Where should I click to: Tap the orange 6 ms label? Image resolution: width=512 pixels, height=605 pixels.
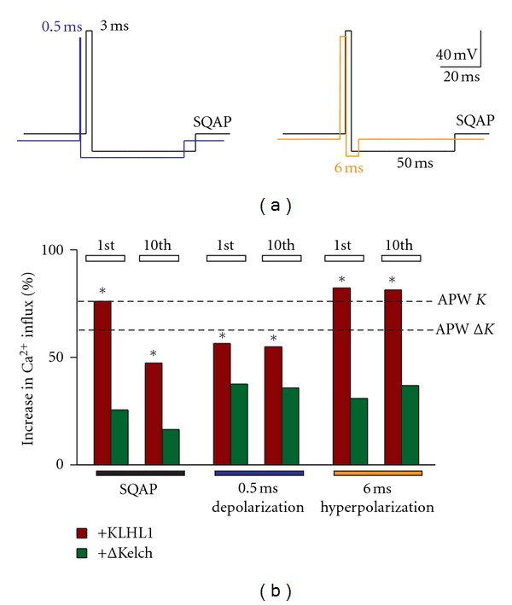coord(348,169)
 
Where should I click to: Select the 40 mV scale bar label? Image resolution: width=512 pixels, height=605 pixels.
coord(456,55)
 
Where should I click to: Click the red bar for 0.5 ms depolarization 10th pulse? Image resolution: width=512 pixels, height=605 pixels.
coord(274,405)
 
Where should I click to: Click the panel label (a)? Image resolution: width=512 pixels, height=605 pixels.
coord(254,205)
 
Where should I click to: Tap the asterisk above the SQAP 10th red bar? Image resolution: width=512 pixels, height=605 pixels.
coord(154,354)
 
